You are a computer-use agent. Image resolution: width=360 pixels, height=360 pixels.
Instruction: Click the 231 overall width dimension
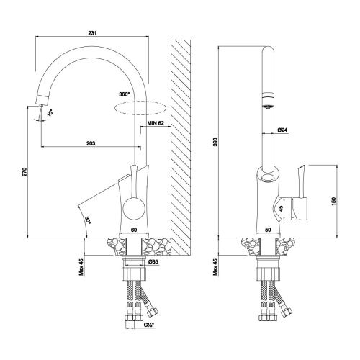click(92, 33)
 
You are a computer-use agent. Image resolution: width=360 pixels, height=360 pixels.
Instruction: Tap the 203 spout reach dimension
click(91, 143)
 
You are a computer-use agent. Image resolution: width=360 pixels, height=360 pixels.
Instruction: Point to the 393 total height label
click(215, 142)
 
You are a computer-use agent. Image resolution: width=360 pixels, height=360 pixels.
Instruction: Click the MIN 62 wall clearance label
click(156, 123)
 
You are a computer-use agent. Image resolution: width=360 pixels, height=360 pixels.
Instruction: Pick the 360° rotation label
click(125, 94)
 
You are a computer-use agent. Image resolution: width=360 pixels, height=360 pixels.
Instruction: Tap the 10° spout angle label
click(50, 113)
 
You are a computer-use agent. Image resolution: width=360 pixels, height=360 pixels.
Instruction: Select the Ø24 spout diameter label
click(282, 130)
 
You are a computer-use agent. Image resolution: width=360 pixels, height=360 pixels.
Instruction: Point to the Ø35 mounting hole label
click(153, 262)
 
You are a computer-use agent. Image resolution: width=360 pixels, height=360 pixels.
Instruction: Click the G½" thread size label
click(149, 325)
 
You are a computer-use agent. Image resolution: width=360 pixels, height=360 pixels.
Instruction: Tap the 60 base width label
click(134, 230)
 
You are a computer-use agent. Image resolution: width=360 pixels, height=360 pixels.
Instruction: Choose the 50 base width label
click(268, 230)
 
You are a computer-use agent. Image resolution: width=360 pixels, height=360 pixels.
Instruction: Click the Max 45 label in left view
click(81, 267)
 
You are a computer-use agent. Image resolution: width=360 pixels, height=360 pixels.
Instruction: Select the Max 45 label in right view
click(215, 267)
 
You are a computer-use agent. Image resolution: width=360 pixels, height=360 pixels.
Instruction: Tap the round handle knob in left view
click(134, 208)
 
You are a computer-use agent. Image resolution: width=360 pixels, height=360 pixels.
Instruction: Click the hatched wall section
click(181, 148)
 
